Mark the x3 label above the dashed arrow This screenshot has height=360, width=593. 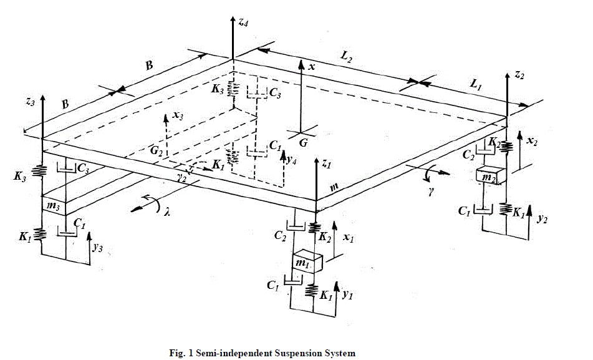point(179,116)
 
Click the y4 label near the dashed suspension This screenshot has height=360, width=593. point(291,159)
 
